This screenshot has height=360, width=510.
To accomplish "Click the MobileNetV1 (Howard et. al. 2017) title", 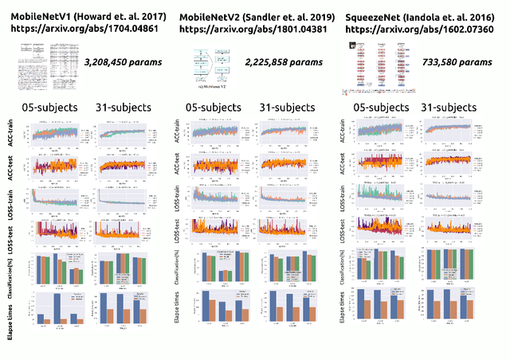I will tap(85, 17).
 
